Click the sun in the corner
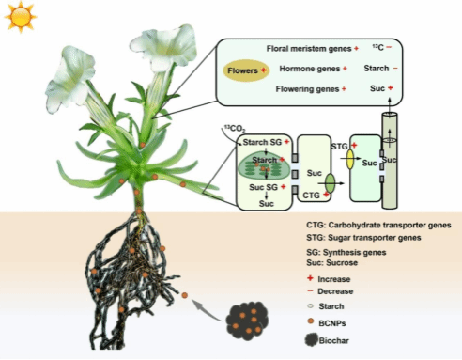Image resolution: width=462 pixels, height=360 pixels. pyautogui.click(x=20, y=17)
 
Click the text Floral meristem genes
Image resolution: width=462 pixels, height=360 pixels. pyautogui.click(x=309, y=49)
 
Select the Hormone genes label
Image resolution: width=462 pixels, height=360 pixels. pyautogui.click(x=310, y=69)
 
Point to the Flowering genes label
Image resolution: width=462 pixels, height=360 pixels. pyautogui.click(x=307, y=89)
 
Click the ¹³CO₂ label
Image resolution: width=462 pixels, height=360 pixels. pyautogui.click(x=235, y=129)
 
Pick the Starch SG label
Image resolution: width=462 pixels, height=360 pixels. pyautogui.click(x=262, y=142)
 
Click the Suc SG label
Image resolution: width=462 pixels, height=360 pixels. pyautogui.click(x=263, y=187)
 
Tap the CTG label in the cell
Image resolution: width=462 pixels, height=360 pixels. pyautogui.click(x=311, y=196)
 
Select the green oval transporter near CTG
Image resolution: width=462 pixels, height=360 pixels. pyautogui.click(x=330, y=183)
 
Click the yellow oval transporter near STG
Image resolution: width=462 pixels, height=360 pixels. pyautogui.click(x=350, y=159)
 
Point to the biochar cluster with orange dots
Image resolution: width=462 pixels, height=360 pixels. pyautogui.click(x=247, y=321)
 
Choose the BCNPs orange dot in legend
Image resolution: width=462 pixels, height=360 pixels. pyautogui.click(x=311, y=321)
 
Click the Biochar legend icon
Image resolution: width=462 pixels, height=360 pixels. pyautogui.click(x=312, y=340)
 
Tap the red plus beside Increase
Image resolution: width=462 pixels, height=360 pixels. pyautogui.click(x=310, y=278)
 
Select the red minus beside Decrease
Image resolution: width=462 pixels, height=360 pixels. pyautogui.click(x=310, y=291)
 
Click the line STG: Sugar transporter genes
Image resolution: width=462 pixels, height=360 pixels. pyautogui.click(x=363, y=238)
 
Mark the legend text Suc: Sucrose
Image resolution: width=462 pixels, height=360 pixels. pyautogui.click(x=331, y=262)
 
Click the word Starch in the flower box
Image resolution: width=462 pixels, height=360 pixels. pyautogui.click(x=377, y=69)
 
